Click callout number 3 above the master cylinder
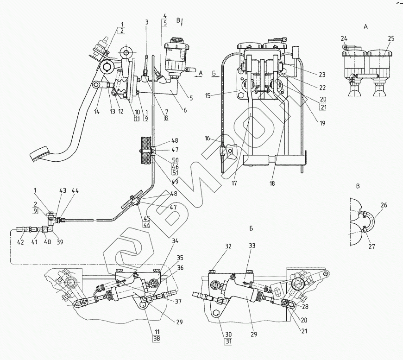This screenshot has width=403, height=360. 146,22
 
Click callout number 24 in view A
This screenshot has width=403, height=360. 344,39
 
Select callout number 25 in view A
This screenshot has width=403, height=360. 391,39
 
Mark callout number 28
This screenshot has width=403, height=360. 305,306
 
